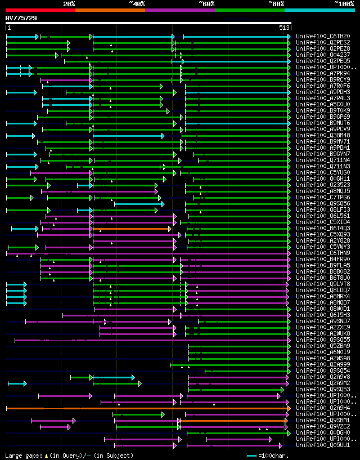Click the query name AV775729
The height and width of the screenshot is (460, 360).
(x=21, y=18)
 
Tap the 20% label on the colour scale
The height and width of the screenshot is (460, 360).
(x=69, y=4)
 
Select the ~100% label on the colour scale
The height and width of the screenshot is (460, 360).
(x=344, y=4)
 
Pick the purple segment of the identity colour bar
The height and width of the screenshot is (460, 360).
(x=179, y=10)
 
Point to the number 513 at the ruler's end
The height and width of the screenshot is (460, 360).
(x=284, y=28)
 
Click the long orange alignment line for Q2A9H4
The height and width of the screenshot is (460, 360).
(x=169, y=408)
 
